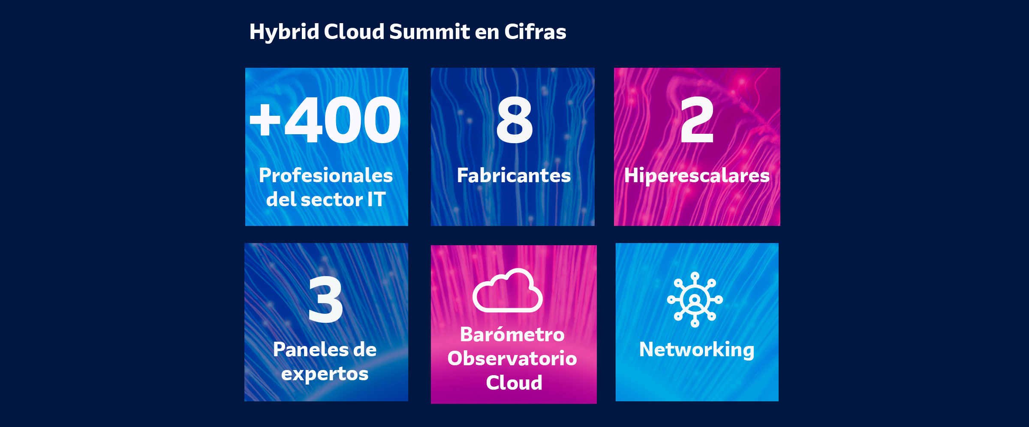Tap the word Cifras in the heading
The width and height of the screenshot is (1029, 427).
click(x=535, y=31)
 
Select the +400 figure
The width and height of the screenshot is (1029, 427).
click(x=325, y=120)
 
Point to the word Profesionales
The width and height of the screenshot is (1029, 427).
click(x=326, y=175)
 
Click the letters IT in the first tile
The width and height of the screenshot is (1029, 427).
click(x=376, y=199)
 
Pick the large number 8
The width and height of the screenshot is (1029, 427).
click(x=514, y=120)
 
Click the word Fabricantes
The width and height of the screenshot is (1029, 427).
click(x=514, y=175)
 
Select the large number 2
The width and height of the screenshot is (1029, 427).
click(x=697, y=120)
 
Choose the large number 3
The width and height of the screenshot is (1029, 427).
click(x=326, y=299)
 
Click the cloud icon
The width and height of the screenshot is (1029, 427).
click(x=508, y=290)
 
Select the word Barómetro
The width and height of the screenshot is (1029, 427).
click(x=512, y=334)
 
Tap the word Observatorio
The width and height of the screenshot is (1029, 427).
click(x=512, y=358)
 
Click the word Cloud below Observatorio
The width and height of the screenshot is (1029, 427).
click(x=514, y=382)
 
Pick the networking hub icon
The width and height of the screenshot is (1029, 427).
click(x=695, y=300)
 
